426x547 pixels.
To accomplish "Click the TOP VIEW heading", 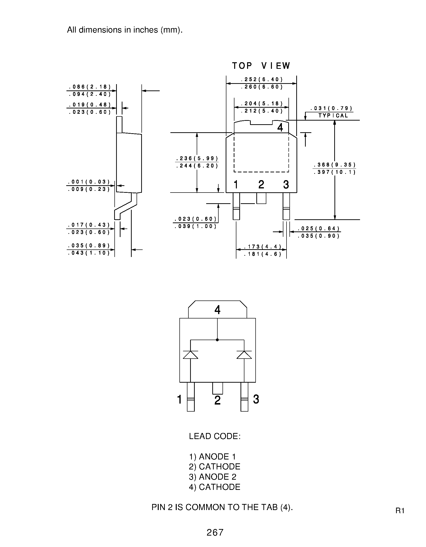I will (261, 66).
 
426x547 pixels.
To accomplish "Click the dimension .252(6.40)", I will (262, 80).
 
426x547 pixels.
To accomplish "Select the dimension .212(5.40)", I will (262, 111).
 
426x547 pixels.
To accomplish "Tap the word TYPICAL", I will (333, 116).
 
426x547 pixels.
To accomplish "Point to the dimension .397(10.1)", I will (334, 172).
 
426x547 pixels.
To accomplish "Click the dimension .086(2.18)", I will (90, 87).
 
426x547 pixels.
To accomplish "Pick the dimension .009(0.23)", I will (89, 189).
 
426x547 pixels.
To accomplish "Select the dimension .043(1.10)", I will (89, 253).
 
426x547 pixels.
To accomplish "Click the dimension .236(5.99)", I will (197, 159).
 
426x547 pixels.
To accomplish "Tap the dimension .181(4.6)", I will (263, 254).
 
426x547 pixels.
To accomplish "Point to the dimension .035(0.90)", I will (319, 236).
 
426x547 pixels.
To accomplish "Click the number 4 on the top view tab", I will (280, 127).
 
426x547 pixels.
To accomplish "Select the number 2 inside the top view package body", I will (261, 185).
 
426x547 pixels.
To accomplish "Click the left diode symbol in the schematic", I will (191, 355).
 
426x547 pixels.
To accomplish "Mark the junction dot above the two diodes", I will (217, 340).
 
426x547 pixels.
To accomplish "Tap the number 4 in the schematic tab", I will (217, 310).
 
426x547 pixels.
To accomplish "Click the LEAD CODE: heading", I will (215, 436).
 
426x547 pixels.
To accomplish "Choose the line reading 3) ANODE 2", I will (213, 477).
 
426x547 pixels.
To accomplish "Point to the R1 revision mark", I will (400, 511).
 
